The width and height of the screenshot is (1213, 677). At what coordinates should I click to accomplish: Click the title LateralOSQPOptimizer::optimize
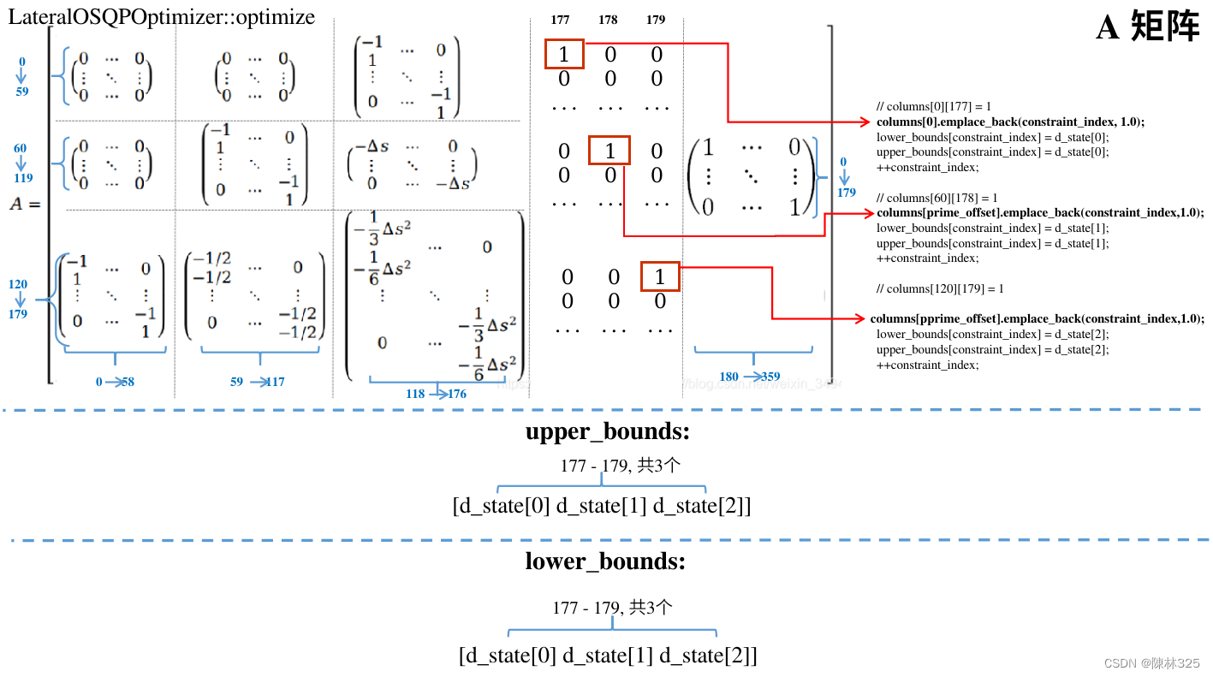(162, 16)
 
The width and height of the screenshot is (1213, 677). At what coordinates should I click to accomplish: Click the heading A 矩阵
(1148, 28)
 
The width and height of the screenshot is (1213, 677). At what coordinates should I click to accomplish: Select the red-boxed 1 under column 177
(564, 55)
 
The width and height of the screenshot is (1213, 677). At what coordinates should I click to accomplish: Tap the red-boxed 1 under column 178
(609, 151)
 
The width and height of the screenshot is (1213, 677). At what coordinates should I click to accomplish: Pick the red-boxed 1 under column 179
(659, 277)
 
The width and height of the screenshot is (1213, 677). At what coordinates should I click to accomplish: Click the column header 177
(562, 20)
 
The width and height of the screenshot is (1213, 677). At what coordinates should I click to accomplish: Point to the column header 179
(656, 20)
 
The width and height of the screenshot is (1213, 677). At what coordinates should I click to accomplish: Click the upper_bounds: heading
(607, 432)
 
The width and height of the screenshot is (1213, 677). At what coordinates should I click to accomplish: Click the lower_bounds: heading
(605, 561)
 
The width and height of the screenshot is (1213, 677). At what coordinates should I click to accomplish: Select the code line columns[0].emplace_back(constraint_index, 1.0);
(1010, 122)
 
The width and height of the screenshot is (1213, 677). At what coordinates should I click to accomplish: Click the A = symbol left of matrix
(27, 204)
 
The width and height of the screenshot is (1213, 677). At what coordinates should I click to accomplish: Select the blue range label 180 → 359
(749, 377)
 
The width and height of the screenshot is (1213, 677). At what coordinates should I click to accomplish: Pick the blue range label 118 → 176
(437, 394)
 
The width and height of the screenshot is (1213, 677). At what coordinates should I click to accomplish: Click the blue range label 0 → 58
(115, 382)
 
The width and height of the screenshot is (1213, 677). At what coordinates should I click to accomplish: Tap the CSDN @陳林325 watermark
(1151, 663)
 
